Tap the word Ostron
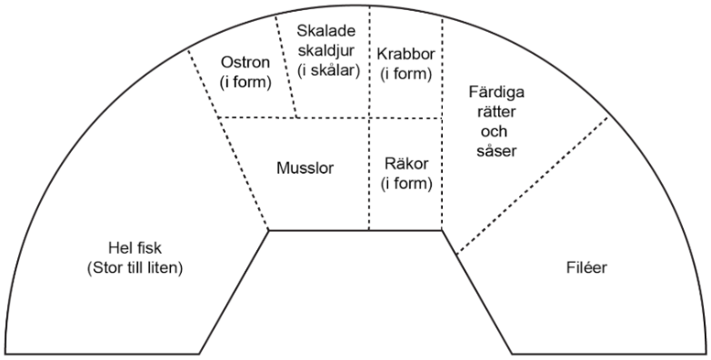point(245,63)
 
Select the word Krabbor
point(406,54)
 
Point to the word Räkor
point(406,164)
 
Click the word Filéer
point(586,267)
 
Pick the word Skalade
point(326,31)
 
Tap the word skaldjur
point(326,51)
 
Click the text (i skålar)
point(329,71)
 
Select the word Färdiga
point(496,93)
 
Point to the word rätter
point(496,112)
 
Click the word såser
point(496,151)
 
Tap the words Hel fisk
point(135,248)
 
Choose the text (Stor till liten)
point(135,268)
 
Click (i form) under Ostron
point(245,83)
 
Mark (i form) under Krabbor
point(406,74)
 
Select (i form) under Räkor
point(406,184)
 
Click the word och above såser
point(494,132)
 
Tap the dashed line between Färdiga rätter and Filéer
point(533,185)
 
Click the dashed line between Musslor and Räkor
point(369,174)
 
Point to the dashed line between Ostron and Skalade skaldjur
point(285,65)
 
